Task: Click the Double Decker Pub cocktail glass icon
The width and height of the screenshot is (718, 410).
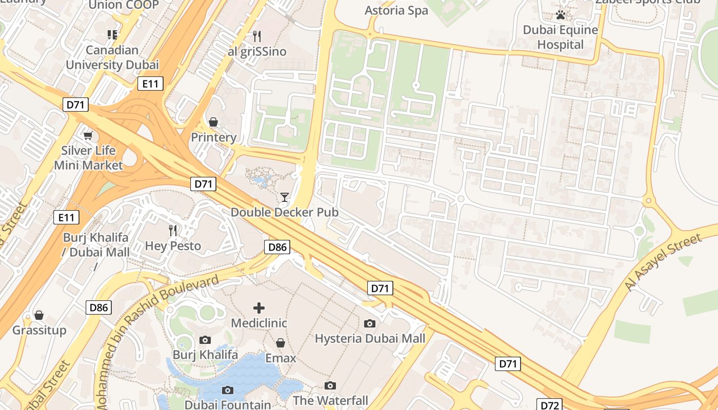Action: coord(285,197)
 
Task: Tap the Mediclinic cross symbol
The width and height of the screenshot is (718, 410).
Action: coord(259,308)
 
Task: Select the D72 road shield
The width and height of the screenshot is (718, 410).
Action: coord(549,405)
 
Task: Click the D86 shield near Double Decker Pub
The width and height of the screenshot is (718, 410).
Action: coord(277,248)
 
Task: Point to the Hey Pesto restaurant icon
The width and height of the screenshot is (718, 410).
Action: coord(173,231)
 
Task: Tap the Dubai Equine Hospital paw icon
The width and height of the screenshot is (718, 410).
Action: coord(560,15)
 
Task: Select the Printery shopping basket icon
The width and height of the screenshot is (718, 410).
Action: coord(213,122)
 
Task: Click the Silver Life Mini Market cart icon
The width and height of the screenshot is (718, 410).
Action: coord(88,135)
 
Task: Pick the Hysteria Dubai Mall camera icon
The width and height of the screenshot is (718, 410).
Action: coord(369,323)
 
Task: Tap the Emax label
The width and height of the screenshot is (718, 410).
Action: coord(281,358)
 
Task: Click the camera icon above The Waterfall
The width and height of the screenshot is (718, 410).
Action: coord(330,385)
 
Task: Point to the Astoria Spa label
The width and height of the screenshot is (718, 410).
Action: coord(396,10)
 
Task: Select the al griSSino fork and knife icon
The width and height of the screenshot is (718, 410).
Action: coord(257,36)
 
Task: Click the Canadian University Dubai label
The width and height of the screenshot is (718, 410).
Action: coord(112,57)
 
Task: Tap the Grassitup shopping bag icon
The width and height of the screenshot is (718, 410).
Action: coord(39,315)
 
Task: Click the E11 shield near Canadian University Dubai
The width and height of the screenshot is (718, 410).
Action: coord(150,84)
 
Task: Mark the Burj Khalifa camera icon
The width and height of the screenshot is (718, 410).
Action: coord(205,340)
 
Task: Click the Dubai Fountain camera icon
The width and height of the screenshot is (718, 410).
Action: coord(228,390)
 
